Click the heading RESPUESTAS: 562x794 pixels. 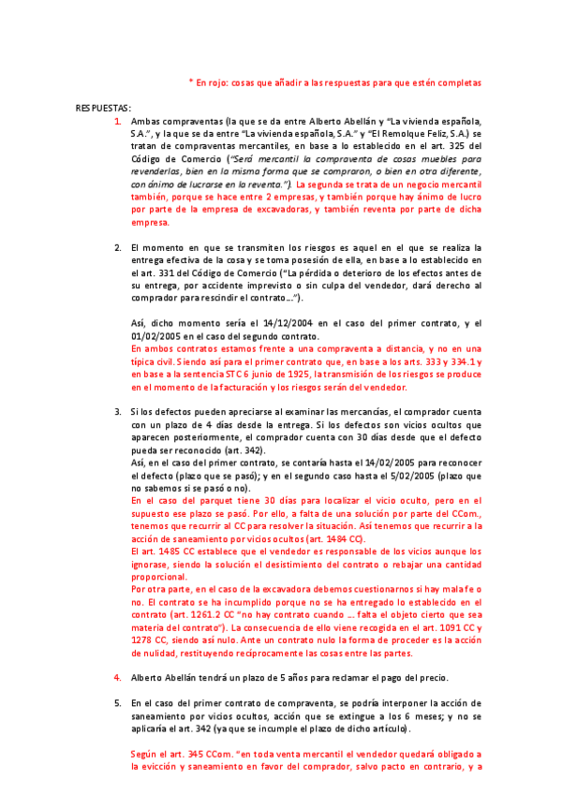tap(103, 108)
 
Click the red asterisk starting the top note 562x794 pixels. tap(191, 82)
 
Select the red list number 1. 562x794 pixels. tap(117, 122)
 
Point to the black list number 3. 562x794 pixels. tap(117, 412)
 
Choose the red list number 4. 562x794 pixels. tap(117, 677)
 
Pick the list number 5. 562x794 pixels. tap(117, 702)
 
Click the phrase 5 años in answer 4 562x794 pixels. tap(292, 677)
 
